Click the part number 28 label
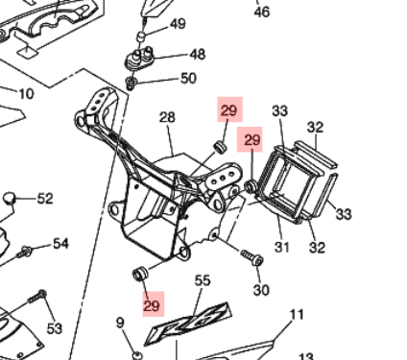point(167,117)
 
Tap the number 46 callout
point(262,12)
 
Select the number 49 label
point(178,24)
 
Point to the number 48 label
point(198,55)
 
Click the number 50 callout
point(188,79)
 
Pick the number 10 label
point(26,94)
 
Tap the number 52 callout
point(45,199)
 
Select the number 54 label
point(60,244)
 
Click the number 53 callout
point(55,328)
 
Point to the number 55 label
point(203,280)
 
